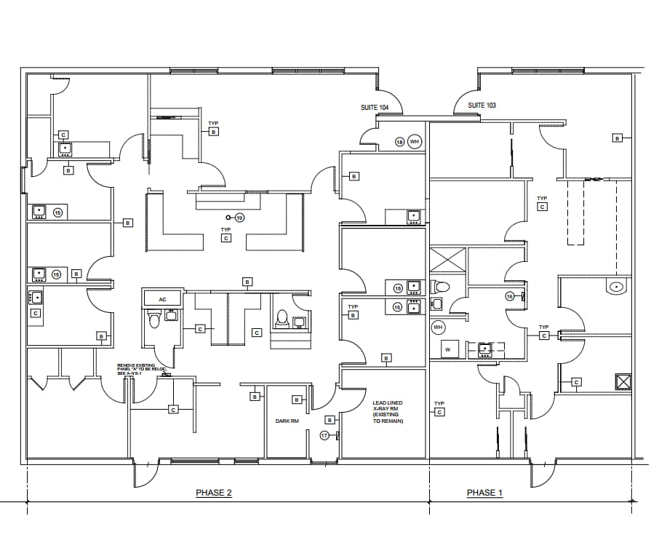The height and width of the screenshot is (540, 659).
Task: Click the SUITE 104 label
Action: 375,108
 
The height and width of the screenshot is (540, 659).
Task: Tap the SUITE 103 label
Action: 482,106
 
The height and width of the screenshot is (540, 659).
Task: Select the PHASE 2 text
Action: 214,493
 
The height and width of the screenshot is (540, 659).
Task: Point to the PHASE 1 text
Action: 484,493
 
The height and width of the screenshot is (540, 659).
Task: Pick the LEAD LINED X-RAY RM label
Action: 388,412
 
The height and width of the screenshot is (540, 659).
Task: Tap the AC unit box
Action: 162,299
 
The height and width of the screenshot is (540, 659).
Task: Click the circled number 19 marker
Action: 240,218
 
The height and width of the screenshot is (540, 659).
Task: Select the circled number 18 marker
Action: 399,141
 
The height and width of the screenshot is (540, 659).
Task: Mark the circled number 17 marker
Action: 325,435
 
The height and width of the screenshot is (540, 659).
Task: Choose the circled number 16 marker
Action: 510,296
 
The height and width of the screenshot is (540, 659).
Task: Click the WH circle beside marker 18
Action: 415,141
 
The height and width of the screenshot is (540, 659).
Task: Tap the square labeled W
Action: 447,349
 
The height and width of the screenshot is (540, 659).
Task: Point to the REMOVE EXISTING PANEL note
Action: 142,369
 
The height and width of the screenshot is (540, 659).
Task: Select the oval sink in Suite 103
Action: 615,287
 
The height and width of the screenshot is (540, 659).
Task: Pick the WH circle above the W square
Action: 438,327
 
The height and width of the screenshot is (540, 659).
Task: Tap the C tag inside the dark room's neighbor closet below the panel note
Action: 173,410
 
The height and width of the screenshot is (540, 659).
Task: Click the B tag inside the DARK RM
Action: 297,400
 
